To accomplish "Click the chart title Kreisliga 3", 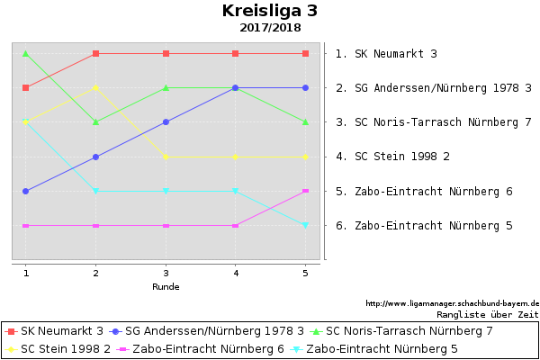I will pyautogui.click(x=270, y=11).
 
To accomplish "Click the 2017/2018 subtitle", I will pyautogui.click(x=270, y=28).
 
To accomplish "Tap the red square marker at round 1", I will pyautogui.click(x=26, y=87).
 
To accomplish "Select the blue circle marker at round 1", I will pyautogui.click(x=26, y=191).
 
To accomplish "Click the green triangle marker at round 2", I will pyautogui.click(x=95, y=121).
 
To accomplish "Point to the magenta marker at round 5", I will pyautogui.click(x=305, y=191).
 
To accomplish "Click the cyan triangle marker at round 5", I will pyautogui.click(x=305, y=225).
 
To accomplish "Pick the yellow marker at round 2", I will pyautogui.click(x=95, y=87).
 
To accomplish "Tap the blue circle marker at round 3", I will pyautogui.click(x=166, y=121).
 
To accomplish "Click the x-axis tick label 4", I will pyautogui.click(x=235, y=273).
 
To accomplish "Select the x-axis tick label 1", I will pyautogui.click(x=26, y=273).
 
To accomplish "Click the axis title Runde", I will pyautogui.click(x=166, y=287).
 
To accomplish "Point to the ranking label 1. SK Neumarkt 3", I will pyautogui.click(x=386, y=54).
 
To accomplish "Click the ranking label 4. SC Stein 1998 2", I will pyautogui.click(x=392, y=157).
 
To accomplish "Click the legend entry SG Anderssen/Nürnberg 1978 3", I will pyautogui.click(x=214, y=331).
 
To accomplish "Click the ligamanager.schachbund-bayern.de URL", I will pyautogui.click(x=452, y=303).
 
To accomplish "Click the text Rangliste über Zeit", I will pyautogui.click(x=487, y=315).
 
